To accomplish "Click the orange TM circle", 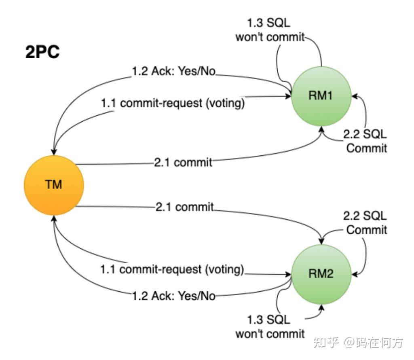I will coord(54,185).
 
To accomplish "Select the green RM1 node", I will coord(321,97).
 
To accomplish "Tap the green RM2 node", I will coord(321,274).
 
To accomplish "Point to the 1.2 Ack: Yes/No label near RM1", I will coord(174,72).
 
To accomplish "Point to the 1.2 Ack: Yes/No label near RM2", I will coord(174,296).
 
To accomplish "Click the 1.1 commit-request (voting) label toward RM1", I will coord(173,103).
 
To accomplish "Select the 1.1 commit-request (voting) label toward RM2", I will coord(172,269).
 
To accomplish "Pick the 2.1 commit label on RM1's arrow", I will coord(183,163).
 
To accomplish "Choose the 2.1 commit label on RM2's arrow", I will coord(184,207).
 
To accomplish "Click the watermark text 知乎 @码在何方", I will coord(359,342).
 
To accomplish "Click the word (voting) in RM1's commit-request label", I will coord(225,103).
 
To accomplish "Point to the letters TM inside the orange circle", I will coord(54,185).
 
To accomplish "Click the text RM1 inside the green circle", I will coord(321,97).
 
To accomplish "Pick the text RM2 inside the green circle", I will coord(321,274).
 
